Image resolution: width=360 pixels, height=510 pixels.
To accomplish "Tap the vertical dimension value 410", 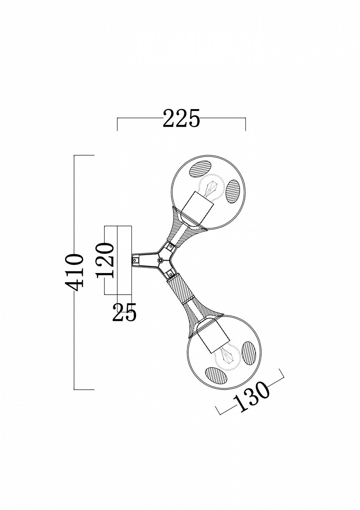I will click(75, 272).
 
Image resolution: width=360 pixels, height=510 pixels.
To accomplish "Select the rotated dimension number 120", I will click(105, 260).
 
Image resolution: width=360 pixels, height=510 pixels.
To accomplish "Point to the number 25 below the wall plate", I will click(124, 313).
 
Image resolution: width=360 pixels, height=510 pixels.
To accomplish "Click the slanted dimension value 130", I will click(251, 396).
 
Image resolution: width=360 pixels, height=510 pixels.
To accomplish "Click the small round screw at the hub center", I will click(160, 260).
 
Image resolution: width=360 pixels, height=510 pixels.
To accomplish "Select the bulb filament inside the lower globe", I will click(226, 355).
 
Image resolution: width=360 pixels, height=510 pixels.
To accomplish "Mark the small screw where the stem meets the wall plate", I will click(135, 260).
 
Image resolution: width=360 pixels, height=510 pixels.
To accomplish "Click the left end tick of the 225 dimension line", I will click(118, 124).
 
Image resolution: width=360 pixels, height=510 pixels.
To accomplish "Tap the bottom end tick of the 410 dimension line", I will click(84, 390).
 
